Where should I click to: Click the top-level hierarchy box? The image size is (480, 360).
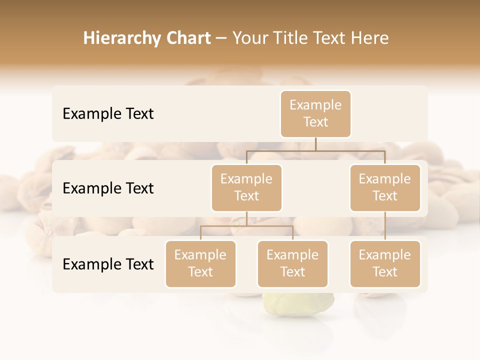coord(315,113)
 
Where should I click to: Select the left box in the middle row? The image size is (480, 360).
coord(246,187)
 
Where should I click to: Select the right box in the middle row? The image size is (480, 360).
coord(385,187)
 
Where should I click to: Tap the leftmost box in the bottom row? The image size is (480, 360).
coord(200,263)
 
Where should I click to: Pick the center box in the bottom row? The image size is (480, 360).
coord(292,263)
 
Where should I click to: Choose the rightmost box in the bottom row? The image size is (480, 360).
coord(385,263)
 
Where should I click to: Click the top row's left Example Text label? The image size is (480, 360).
coord(108,114)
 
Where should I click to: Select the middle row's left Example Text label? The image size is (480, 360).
coord(108,188)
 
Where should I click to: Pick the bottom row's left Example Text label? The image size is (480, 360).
coord(108,264)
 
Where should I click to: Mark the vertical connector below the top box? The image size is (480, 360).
coord(315,144)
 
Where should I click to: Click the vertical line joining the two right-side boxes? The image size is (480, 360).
coord(385,226)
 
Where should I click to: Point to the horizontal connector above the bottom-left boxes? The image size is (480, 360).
coord(246,226)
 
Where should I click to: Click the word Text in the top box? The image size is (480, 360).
coord(315,122)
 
